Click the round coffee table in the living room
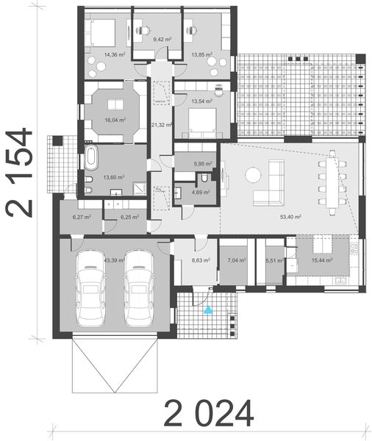(253, 174)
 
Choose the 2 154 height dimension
(21, 173)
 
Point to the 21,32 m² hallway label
(161, 125)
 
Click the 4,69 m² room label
(200, 192)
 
